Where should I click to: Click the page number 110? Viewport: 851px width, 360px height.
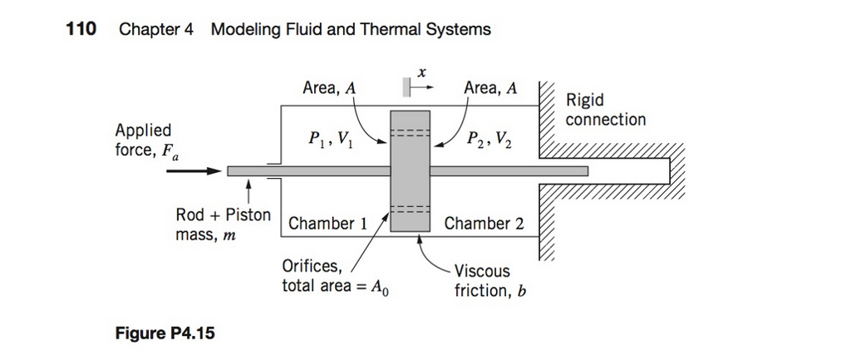click(81, 29)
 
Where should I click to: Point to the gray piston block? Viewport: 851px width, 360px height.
click(410, 171)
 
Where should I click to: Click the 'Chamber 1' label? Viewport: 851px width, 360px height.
click(327, 224)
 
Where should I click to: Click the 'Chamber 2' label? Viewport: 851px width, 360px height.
click(484, 224)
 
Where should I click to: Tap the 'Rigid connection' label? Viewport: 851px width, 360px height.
click(605, 110)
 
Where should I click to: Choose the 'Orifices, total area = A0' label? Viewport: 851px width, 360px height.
click(331, 277)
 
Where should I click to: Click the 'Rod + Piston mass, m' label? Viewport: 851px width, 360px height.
click(223, 225)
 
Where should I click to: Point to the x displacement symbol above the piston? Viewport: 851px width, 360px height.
click(422, 74)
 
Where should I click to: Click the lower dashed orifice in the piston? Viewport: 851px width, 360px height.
click(410, 209)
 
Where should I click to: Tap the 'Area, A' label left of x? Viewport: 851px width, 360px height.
click(331, 89)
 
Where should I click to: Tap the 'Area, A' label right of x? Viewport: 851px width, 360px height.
click(489, 89)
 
